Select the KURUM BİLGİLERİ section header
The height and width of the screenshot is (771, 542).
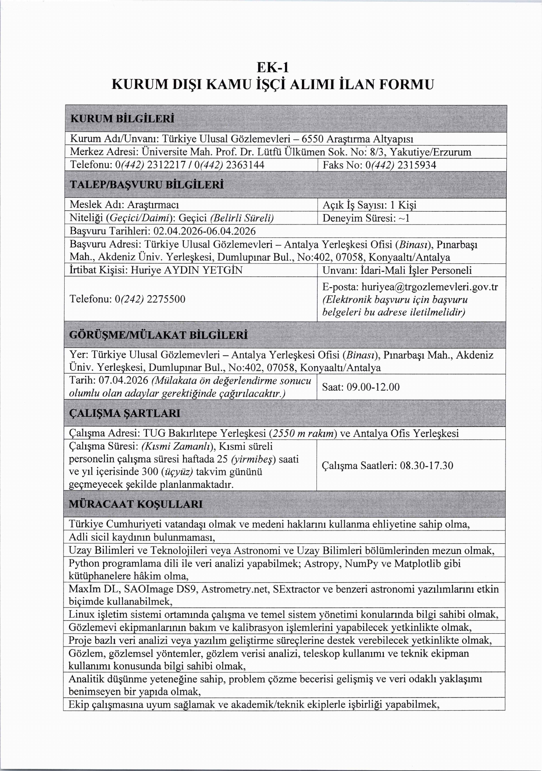click(122, 119)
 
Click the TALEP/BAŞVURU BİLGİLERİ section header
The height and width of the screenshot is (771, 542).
click(147, 185)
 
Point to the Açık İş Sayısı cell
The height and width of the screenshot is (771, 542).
click(369, 205)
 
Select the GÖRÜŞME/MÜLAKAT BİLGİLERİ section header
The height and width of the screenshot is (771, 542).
click(158, 335)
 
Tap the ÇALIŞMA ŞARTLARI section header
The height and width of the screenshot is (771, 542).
click(125, 413)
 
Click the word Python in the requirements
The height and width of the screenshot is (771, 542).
click(84, 563)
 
